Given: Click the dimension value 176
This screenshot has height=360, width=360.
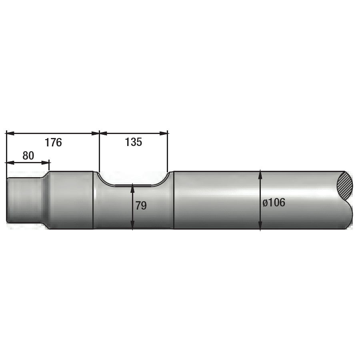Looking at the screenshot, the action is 53,142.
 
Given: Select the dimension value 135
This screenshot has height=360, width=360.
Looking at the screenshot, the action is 133,142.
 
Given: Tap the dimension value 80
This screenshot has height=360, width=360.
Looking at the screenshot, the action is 28,156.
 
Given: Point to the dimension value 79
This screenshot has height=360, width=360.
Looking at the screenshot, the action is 141,206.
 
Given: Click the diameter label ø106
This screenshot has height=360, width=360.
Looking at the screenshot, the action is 274,202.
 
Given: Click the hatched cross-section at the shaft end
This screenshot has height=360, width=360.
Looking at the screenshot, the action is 345,186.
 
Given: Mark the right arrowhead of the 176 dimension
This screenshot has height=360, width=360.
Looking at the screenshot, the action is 95,133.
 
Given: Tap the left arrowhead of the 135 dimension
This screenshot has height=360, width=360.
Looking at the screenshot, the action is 103,133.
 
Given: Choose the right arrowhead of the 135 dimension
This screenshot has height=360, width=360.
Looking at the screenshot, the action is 164,133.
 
